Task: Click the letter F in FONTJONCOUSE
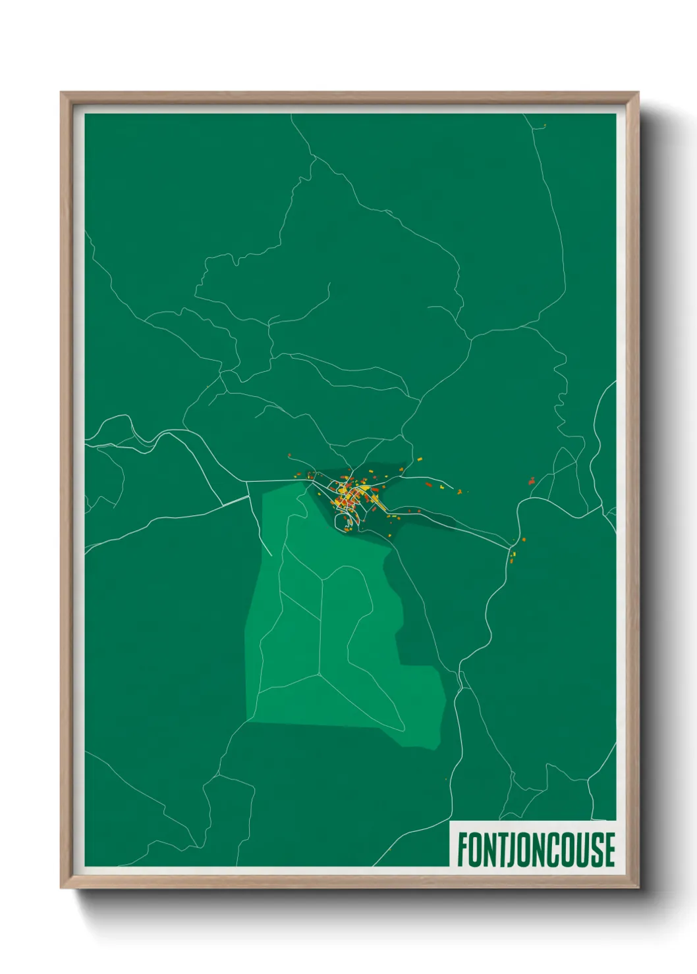(463, 850)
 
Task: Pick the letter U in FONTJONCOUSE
(576, 850)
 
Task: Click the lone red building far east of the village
(532, 482)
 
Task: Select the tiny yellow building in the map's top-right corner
(544, 125)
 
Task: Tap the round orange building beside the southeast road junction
(524, 540)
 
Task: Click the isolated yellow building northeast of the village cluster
(418, 459)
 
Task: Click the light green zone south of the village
(329, 632)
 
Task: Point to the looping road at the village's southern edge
(344, 523)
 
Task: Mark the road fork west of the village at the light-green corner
(247, 482)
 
